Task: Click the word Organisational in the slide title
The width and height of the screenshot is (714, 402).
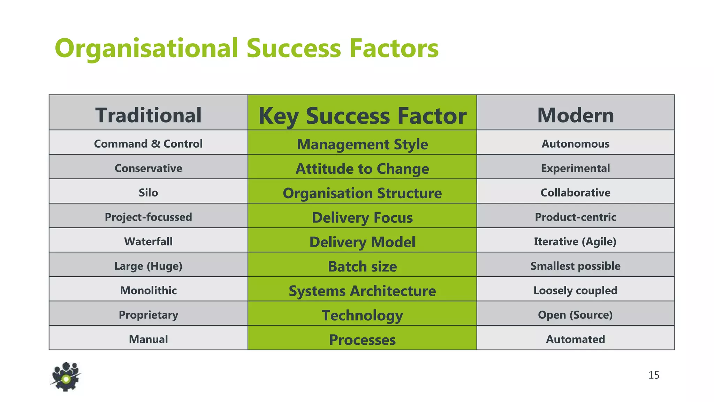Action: click(146, 48)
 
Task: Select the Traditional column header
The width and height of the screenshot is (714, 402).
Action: click(148, 115)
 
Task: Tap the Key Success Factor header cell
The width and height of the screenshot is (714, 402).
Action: click(362, 116)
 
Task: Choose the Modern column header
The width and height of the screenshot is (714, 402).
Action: click(575, 115)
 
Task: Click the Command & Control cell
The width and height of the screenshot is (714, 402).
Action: click(148, 144)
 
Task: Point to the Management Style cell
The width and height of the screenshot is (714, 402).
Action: click(362, 144)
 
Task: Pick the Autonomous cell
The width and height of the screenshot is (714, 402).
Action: click(575, 144)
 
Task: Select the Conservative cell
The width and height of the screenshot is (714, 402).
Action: click(148, 168)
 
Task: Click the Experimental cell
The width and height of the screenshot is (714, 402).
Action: click(575, 168)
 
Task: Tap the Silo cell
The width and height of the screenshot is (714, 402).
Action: click(148, 193)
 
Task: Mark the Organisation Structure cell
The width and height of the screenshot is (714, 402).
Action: click(362, 193)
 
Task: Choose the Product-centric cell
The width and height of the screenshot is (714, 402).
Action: click(575, 217)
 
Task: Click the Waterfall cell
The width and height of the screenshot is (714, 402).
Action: click(148, 241)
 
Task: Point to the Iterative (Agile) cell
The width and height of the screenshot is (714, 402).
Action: click(575, 241)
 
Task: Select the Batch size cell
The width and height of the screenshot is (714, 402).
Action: click(362, 266)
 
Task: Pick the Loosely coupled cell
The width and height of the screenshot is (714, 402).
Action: click(575, 290)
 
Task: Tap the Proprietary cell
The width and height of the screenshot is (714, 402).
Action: click(148, 315)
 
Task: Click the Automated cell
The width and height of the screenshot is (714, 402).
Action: click(575, 339)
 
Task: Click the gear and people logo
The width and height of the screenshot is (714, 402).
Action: click(66, 377)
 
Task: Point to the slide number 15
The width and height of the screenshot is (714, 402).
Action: click(654, 375)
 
